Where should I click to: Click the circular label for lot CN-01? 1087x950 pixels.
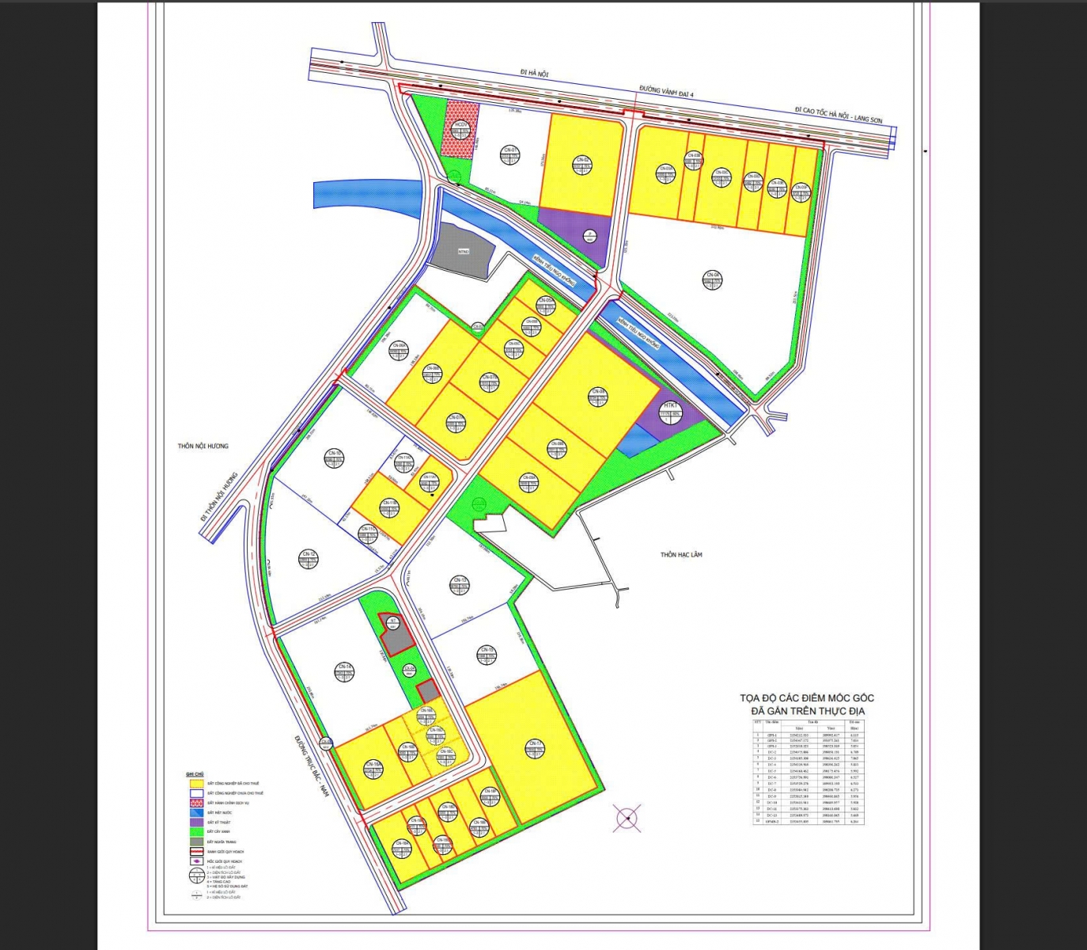[x=510, y=153]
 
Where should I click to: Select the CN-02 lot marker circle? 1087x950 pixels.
[x=582, y=163]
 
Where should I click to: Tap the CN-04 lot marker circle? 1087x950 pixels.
[x=713, y=279]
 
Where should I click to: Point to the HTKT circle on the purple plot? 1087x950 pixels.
[x=671, y=410]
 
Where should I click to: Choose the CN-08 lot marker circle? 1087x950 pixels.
[x=597, y=396]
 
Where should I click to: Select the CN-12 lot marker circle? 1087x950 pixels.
[x=309, y=558]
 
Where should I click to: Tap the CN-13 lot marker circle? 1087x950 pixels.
[x=460, y=584]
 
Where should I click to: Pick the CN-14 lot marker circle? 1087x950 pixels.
[x=344, y=671]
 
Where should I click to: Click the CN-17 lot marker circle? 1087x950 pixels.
[x=536, y=747]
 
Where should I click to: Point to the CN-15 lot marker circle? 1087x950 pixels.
[x=487, y=654]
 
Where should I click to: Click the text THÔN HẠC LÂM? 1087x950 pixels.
[x=681, y=555]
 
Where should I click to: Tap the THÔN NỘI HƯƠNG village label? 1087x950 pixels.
[x=203, y=446]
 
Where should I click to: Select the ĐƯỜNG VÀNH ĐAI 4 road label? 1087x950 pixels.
[x=666, y=92]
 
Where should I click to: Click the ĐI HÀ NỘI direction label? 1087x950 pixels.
[x=534, y=73]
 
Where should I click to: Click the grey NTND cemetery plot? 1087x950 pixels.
[x=464, y=250]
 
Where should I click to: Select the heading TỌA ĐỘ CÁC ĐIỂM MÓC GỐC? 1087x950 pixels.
[x=807, y=697]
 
